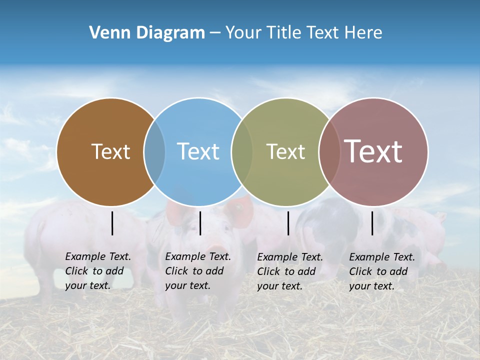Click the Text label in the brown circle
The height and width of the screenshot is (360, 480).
[110, 151]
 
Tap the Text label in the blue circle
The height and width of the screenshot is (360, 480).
[198, 151]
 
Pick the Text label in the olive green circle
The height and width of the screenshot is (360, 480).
[285, 151]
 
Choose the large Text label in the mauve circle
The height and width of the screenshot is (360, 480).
[373, 151]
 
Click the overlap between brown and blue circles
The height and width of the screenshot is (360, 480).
[154, 152]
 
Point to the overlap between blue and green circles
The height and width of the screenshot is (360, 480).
[242, 152]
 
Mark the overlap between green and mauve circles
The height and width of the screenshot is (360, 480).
[329, 152]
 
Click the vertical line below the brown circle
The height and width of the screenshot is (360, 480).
[112, 223]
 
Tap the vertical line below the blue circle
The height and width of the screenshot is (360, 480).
[200, 223]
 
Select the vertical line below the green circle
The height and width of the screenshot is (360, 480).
[288, 223]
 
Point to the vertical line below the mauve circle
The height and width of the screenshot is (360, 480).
[372, 223]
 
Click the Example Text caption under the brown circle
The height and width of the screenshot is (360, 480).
[98, 271]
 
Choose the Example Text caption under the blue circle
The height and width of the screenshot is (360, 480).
[198, 271]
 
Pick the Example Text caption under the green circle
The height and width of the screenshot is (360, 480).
[290, 271]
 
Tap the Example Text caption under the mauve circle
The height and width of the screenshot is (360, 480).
[382, 271]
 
